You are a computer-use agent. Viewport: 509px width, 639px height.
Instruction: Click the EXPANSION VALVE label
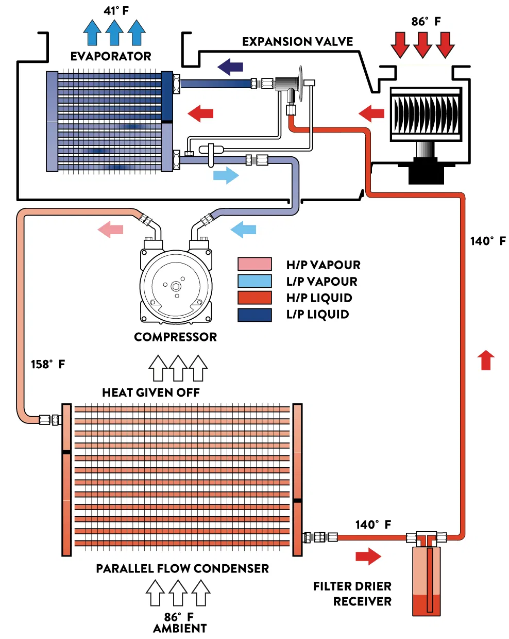(x=297, y=42)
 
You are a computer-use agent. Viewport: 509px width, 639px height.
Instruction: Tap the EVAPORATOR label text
(x=111, y=56)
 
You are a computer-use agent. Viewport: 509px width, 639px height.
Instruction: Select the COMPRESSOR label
(x=175, y=337)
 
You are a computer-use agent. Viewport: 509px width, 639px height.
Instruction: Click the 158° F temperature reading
(x=48, y=364)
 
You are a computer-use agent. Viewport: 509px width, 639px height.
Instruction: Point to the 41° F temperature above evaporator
(x=116, y=10)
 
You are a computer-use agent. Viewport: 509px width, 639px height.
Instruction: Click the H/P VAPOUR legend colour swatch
(x=254, y=264)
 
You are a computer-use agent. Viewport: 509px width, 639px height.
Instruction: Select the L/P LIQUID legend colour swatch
(x=254, y=315)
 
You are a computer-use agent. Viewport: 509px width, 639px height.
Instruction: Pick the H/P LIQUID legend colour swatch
(x=254, y=298)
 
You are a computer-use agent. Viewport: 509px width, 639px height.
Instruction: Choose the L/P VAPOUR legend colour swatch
(x=254, y=281)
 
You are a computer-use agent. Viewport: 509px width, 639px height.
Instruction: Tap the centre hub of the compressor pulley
(x=176, y=286)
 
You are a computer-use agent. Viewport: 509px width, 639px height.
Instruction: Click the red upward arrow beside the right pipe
(x=486, y=359)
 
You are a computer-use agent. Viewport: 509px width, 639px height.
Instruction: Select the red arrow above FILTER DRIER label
(x=368, y=556)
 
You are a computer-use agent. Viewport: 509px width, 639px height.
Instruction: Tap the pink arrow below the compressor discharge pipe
(x=111, y=229)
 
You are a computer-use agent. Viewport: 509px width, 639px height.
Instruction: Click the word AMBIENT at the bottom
(x=180, y=628)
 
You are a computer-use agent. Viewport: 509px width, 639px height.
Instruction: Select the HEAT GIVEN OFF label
(x=150, y=392)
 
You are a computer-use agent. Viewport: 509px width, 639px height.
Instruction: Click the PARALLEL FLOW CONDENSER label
(x=182, y=568)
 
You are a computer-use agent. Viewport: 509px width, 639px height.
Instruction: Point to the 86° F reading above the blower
(x=426, y=21)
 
